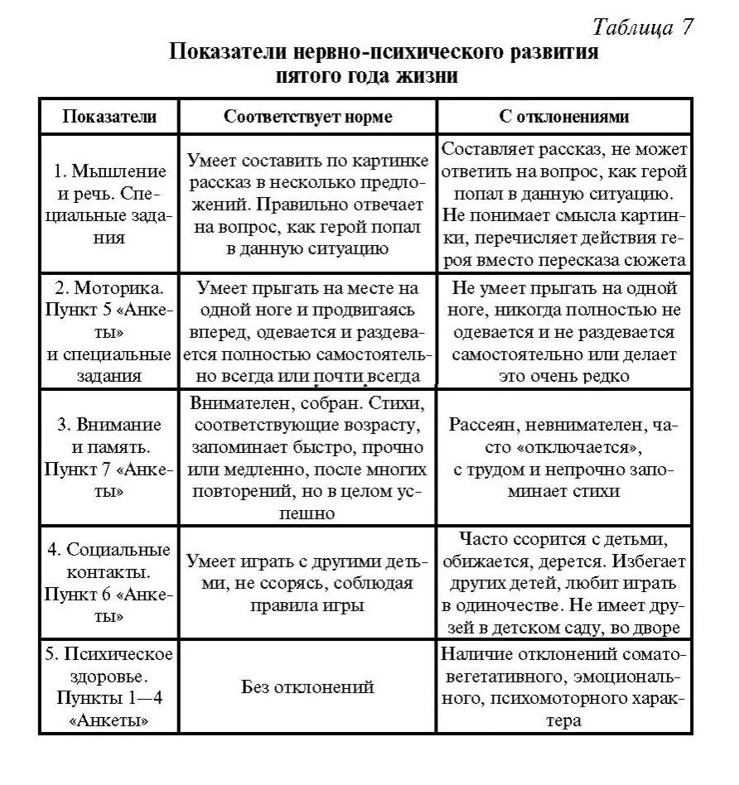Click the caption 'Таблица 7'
pyautogui.click(x=642, y=26)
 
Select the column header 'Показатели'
pyautogui.click(x=109, y=117)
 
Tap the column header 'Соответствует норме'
pyautogui.click(x=308, y=117)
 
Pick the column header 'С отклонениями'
pyautogui.click(x=564, y=117)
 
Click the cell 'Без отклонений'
pyautogui.click(x=308, y=686)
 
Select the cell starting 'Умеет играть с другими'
pyautogui.click(x=308, y=583)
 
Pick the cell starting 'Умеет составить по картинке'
pyautogui.click(x=308, y=204)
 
